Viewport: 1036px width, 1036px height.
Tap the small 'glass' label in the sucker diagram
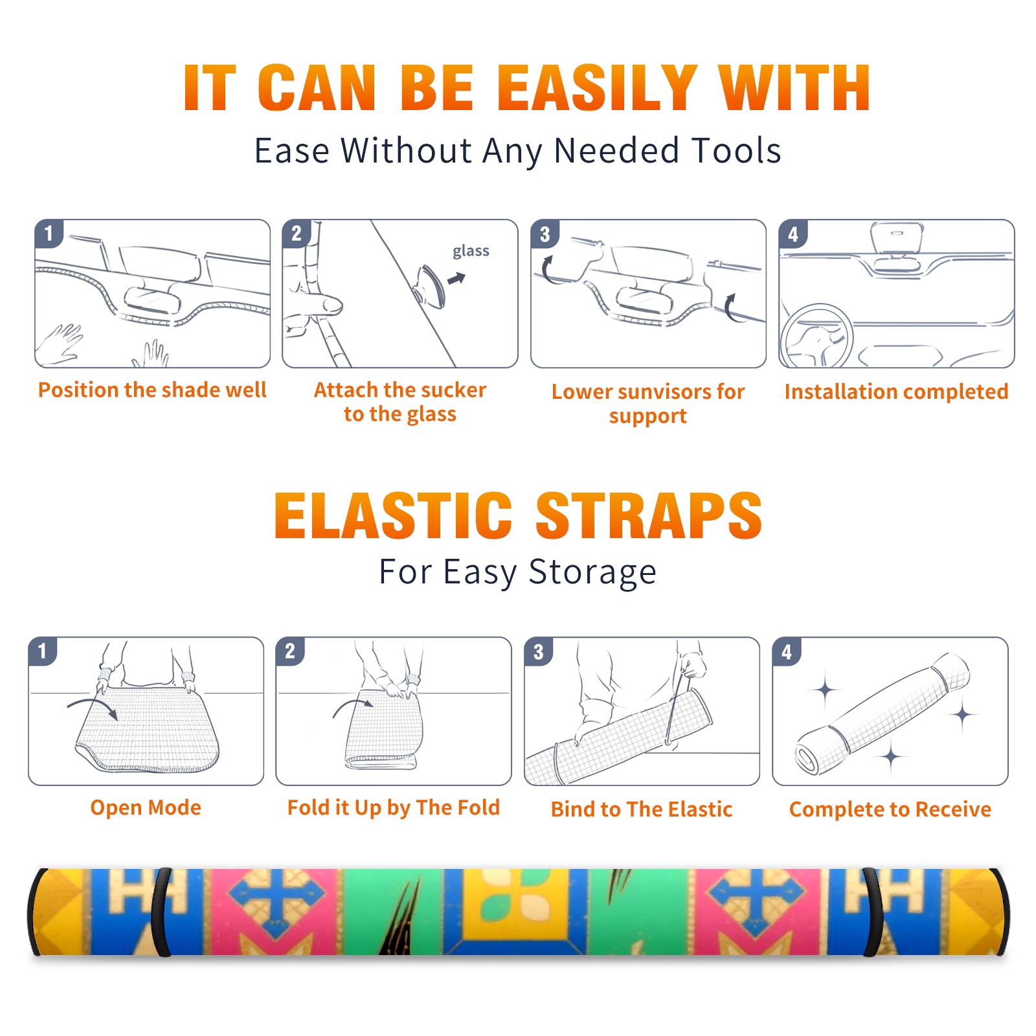471,251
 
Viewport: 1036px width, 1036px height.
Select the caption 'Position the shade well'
152,390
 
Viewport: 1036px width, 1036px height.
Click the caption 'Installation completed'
896,392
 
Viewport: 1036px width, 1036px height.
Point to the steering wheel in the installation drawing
816,336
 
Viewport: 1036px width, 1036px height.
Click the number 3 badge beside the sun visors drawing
545,234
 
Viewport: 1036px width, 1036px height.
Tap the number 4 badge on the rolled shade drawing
787,651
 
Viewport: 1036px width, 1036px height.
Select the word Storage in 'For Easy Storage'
592,572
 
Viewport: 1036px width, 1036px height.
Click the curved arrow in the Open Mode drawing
93,704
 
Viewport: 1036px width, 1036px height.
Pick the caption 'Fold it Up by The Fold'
394,808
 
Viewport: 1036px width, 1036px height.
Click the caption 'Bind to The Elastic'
642,809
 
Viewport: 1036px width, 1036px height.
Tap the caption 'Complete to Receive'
890,809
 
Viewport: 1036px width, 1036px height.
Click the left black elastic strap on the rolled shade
161,912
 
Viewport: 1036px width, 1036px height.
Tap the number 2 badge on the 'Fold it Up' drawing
289,651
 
